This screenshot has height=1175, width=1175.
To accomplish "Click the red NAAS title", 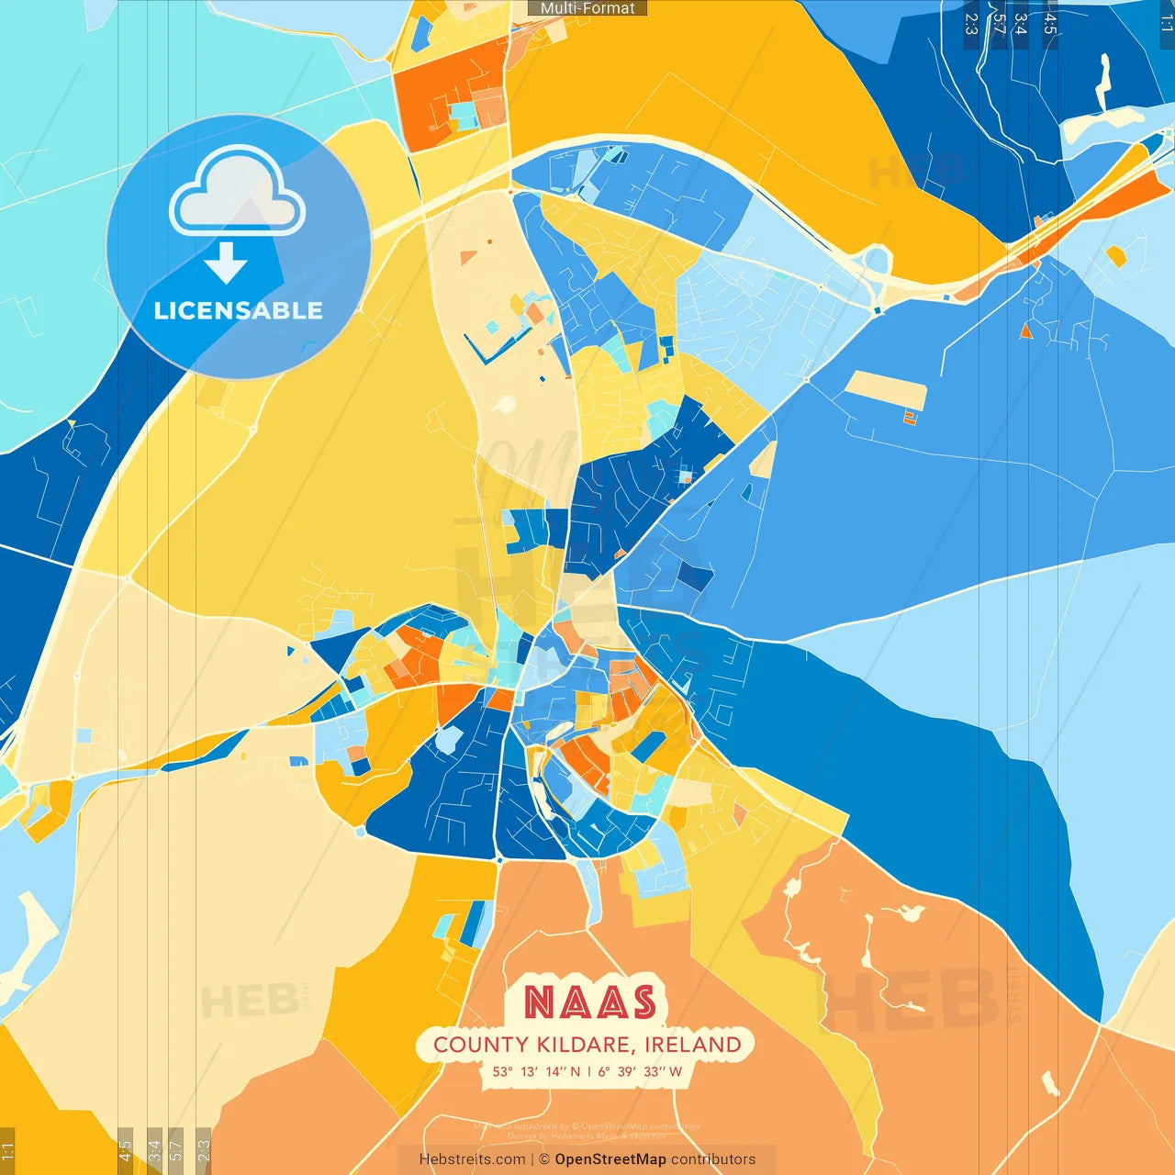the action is pos(590,1002).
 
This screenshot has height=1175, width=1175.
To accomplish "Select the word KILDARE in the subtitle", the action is pos(584,1045).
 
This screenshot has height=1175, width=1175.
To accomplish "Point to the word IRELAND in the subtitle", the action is pos(692,1045).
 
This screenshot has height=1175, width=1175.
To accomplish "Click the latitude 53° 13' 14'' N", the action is pos(536,1071).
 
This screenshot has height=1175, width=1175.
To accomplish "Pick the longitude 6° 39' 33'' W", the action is pos(640,1071).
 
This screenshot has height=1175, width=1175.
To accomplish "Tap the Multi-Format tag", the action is pos(587,8).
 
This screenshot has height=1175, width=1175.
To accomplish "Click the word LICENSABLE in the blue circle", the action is pos(238,310).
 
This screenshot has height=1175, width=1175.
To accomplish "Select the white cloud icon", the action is pos(238,195).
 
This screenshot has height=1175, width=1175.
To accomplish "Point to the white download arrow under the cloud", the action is pos(226,263).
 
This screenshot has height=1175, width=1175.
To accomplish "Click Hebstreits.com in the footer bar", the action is pos(472,1159).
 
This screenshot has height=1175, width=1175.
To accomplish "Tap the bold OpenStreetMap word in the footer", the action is pos(610,1159).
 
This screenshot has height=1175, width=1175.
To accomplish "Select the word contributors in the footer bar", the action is pos(712,1159).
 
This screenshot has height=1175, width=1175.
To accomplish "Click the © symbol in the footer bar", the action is pos(544,1159).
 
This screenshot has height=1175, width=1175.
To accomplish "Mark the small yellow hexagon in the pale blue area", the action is pos(1116,256).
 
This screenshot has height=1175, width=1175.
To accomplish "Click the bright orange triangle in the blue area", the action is pos(1026,331).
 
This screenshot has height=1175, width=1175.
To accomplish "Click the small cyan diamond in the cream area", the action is pos(492,327).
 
